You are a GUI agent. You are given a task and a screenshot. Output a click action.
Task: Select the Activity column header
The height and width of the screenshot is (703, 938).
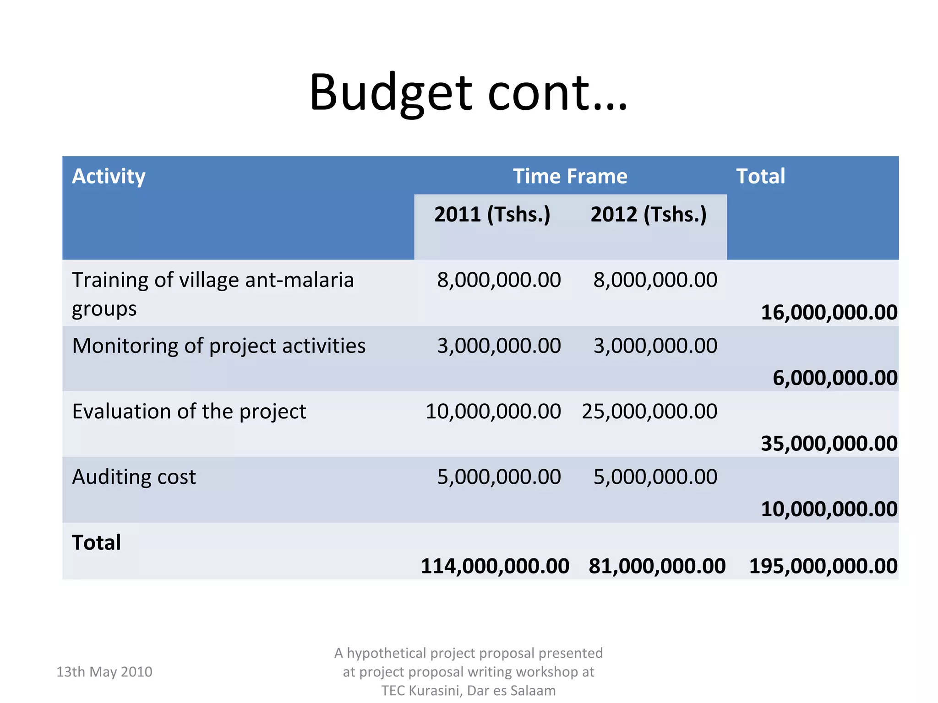coord(109,176)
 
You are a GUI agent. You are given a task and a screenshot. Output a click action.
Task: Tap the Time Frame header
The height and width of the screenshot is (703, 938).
coord(570,176)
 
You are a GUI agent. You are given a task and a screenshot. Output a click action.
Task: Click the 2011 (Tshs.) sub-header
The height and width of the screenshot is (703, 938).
coord(492,214)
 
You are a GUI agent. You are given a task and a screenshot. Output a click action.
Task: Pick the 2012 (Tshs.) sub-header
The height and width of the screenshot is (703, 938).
coord(649,214)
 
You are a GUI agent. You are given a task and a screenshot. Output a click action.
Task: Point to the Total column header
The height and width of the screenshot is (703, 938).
coord(760,176)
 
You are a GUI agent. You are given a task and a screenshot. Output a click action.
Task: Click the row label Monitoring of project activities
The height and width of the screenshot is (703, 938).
coord(219,346)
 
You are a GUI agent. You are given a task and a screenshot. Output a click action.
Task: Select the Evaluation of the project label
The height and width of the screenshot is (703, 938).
coord(189,411)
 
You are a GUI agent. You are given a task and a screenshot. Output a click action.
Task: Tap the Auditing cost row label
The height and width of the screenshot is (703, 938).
coord(134,477)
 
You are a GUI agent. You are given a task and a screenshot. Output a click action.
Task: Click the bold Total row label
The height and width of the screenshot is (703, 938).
coord(96,543)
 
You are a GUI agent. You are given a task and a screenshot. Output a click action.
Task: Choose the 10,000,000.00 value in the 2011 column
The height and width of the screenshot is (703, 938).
coord(493,411)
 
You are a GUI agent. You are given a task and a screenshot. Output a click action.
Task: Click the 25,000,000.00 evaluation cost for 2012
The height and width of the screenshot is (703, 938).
coord(649,411)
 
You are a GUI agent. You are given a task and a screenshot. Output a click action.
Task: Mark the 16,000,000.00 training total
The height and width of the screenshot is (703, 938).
coord(829,313)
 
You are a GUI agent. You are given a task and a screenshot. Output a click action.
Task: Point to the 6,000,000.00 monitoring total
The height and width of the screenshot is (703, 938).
coord(834,378)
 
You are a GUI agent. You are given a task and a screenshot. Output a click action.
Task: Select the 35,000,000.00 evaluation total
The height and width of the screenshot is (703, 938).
coord(829,443)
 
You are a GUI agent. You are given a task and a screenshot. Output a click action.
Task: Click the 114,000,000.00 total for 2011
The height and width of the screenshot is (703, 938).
coord(495,566)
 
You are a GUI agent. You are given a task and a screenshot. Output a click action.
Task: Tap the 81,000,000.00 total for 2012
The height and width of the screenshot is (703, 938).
coord(657,566)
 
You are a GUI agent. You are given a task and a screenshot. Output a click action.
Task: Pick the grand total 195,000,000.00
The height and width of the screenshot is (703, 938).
coord(823,566)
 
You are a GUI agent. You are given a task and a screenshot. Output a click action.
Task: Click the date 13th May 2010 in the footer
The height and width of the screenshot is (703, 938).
coord(104,671)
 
